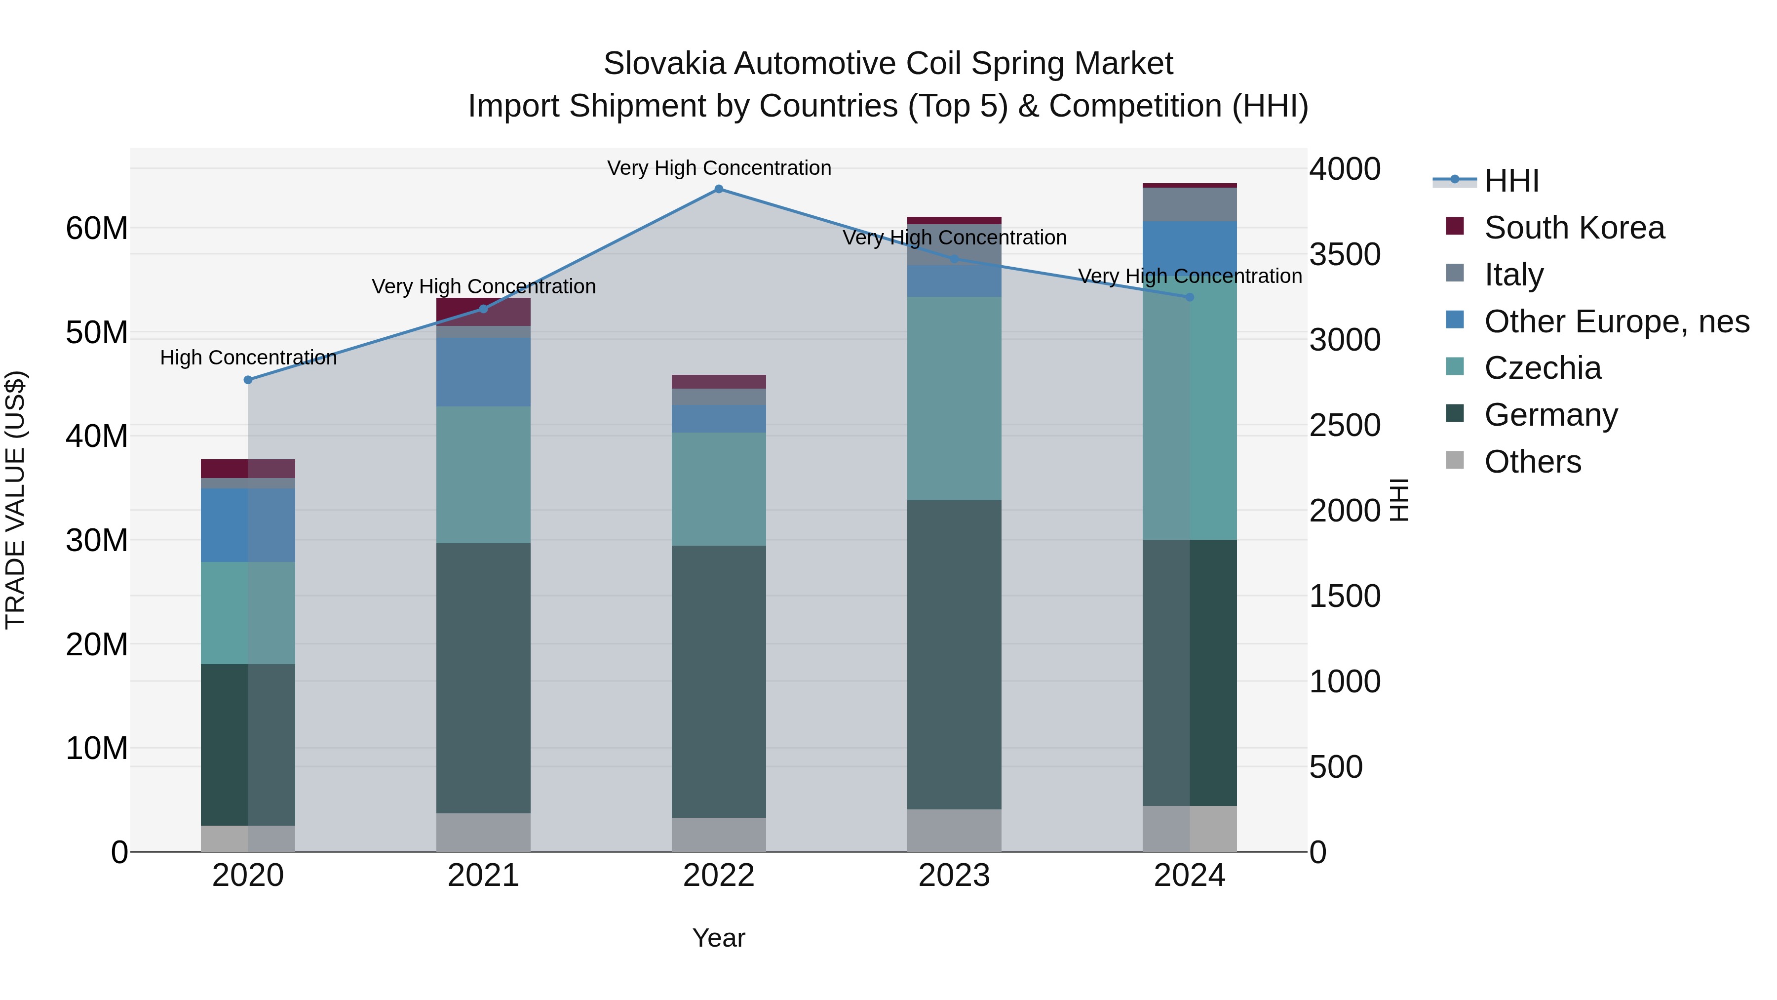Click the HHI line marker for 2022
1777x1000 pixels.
click(x=719, y=189)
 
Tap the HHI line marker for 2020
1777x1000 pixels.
click(x=248, y=380)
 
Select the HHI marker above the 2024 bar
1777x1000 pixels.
click(x=1189, y=297)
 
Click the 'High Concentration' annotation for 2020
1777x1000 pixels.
click(x=248, y=358)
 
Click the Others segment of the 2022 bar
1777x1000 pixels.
click(x=719, y=835)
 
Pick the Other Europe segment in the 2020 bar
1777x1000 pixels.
click(x=248, y=525)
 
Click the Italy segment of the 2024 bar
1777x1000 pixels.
click(x=1189, y=204)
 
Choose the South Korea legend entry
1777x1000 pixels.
click(x=1574, y=228)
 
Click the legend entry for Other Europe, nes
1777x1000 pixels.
click(x=1616, y=321)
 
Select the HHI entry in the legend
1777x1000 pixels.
click(x=1511, y=181)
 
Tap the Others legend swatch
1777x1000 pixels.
click(x=1455, y=460)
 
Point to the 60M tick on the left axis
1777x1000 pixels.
click(x=97, y=229)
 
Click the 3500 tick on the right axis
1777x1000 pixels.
click(x=1345, y=255)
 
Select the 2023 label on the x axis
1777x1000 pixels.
click(x=954, y=876)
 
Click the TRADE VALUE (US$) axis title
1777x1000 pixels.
click(x=15, y=500)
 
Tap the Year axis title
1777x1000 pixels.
click(x=719, y=938)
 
